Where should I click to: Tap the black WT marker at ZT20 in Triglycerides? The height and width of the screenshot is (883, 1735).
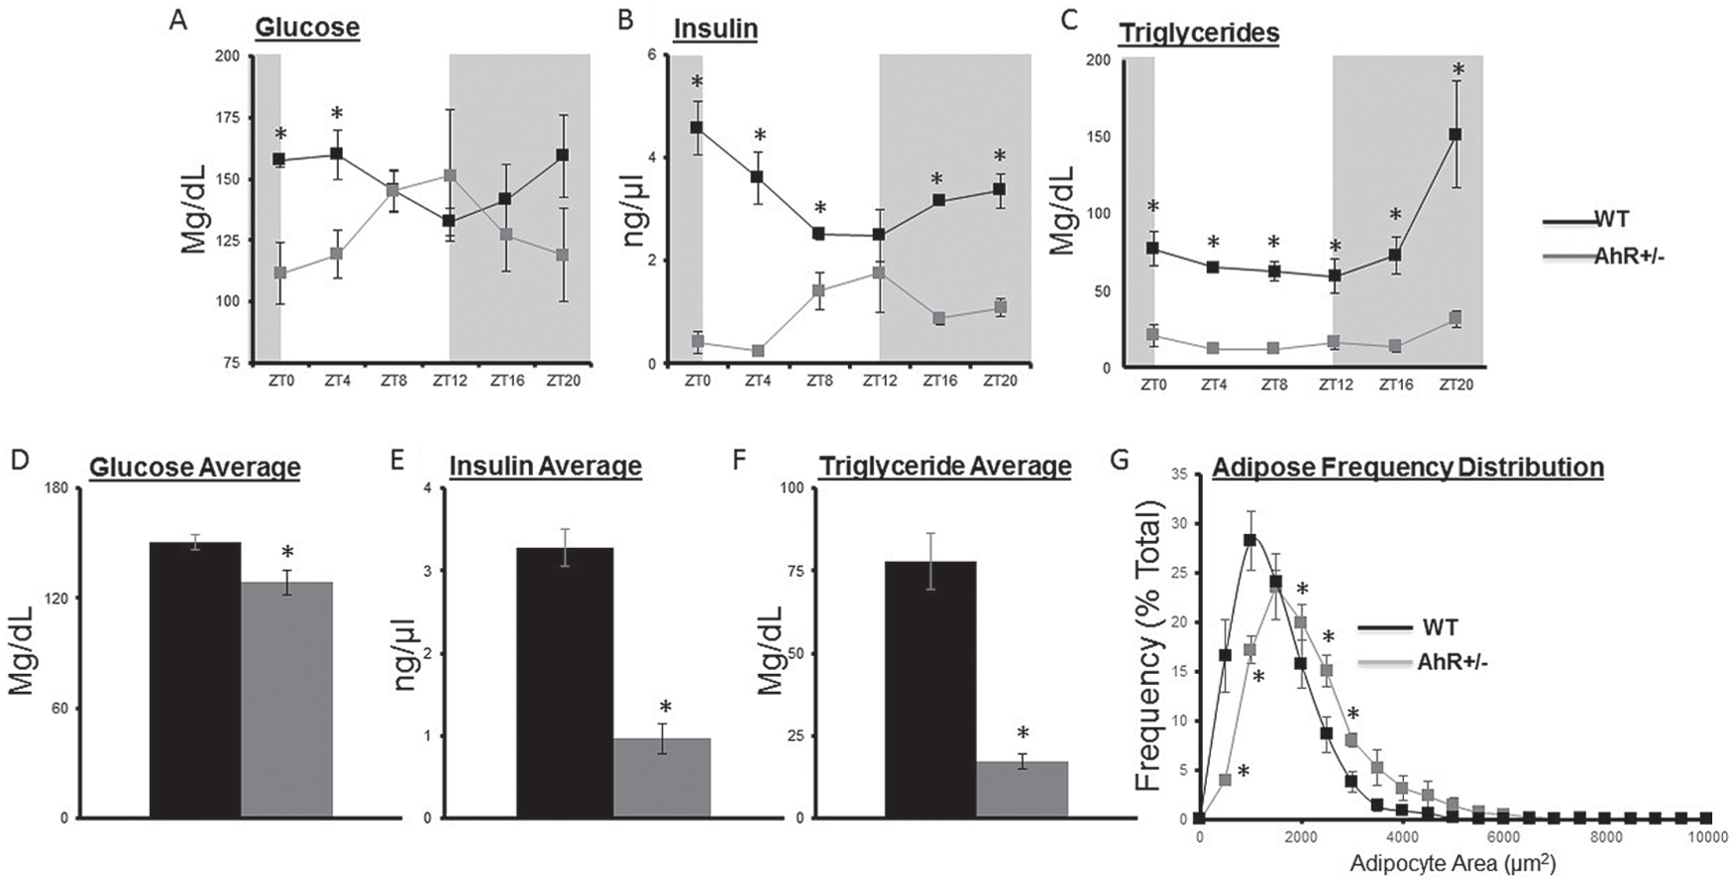[x=1456, y=134]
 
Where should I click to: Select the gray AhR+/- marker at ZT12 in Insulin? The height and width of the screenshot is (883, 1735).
[x=879, y=273]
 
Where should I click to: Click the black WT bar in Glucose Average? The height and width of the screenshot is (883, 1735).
[x=194, y=680]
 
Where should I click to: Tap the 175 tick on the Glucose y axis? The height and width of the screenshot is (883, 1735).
[x=227, y=118]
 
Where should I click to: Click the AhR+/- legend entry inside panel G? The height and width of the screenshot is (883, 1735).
[x=1453, y=662]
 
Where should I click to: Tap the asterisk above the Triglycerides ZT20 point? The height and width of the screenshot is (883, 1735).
[x=1458, y=69]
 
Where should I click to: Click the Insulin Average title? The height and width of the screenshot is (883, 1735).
[x=545, y=466]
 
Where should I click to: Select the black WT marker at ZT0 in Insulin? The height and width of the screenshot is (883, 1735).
[x=697, y=128]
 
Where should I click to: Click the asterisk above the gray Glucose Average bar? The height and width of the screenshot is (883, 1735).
[x=287, y=553]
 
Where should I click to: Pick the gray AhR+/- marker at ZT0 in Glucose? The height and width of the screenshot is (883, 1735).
[x=279, y=273]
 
